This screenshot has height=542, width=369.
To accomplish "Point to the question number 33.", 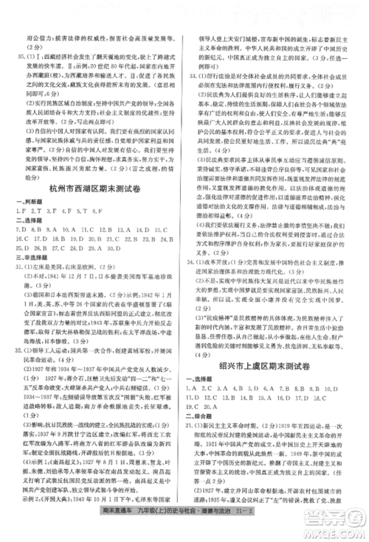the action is pos(194,77).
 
